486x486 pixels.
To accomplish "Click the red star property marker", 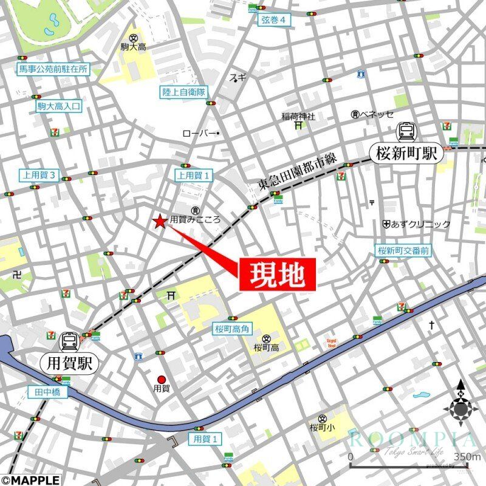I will click(x=160, y=222).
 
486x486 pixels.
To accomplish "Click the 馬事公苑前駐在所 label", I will click(x=53, y=69).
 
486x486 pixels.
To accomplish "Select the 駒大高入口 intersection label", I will click(x=58, y=107).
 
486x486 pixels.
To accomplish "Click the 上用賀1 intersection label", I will click(x=195, y=175).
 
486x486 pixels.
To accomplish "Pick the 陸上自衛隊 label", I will click(x=184, y=92).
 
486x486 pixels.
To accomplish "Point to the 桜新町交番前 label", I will click(x=403, y=250).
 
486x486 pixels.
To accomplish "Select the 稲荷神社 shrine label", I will click(x=298, y=116).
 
